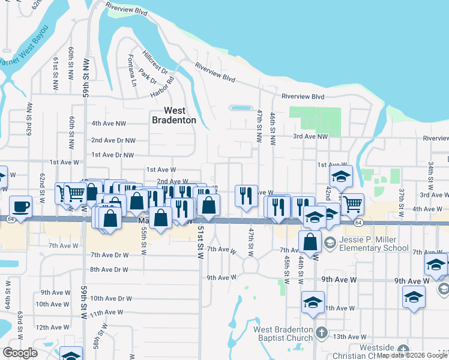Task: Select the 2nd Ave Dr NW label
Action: coord(113,140)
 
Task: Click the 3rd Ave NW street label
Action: coord(311,137)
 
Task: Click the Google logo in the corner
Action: coord(19,353)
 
